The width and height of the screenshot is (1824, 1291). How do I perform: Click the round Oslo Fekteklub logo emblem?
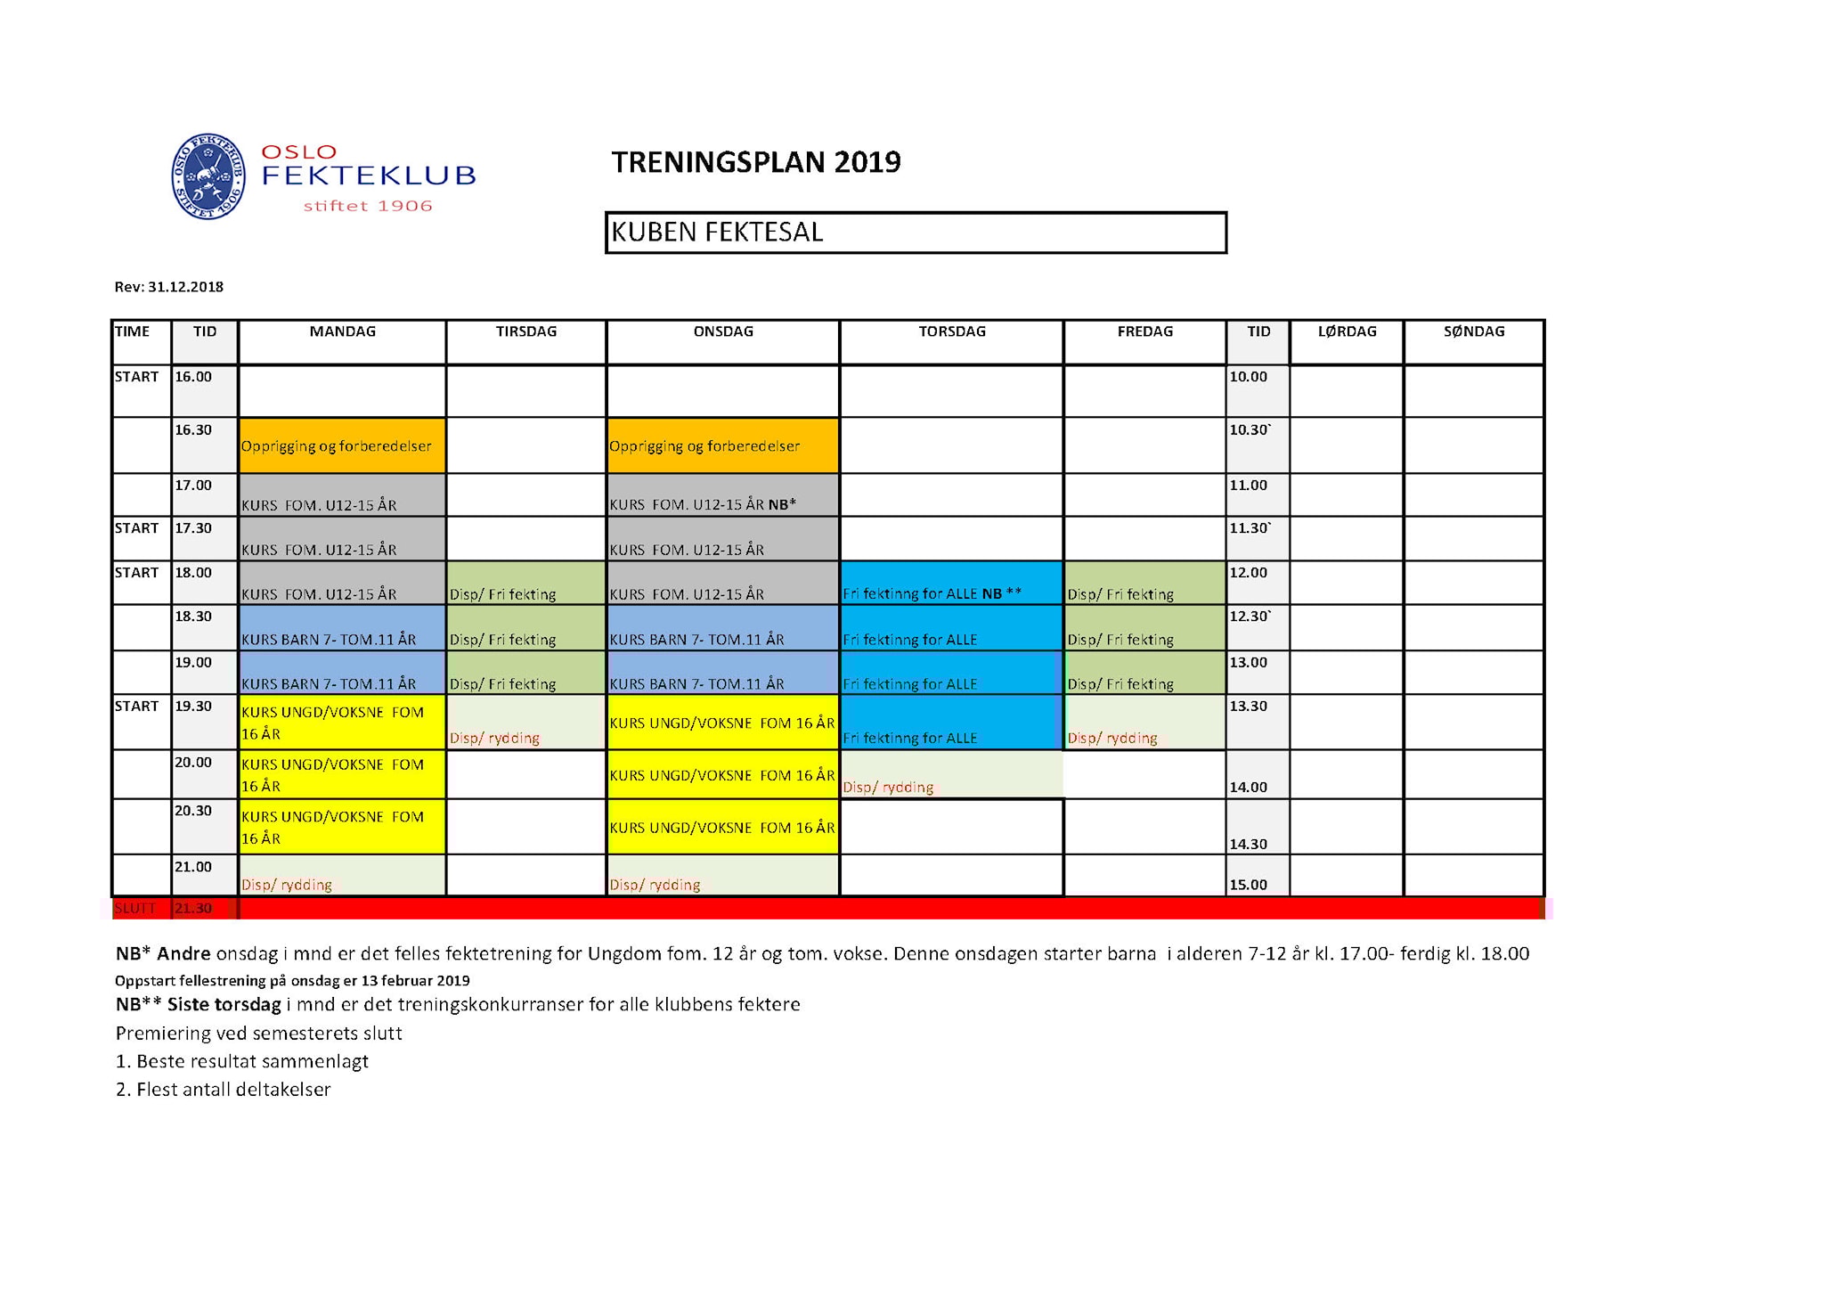pyautogui.click(x=208, y=176)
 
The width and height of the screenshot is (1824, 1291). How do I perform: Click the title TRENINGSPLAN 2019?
pyautogui.click(x=755, y=162)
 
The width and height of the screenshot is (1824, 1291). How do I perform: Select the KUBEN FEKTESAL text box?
pyautogui.click(x=916, y=233)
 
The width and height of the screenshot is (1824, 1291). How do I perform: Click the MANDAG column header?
pyautogui.click(x=343, y=331)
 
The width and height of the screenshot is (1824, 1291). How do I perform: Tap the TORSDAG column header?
pyautogui.click(x=951, y=331)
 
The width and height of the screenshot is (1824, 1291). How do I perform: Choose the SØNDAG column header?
pyautogui.click(x=1474, y=331)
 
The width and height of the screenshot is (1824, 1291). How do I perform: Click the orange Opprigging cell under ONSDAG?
pyautogui.click(x=722, y=445)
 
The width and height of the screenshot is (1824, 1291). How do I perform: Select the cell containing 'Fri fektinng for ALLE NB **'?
pyautogui.click(x=951, y=584)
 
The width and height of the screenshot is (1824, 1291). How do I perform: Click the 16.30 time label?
pyautogui.click(x=193, y=430)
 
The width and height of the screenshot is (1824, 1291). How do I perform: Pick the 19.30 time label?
pyautogui.click(x=193, y=707)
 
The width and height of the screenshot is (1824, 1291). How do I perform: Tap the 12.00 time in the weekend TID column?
pyautogui.click(x=1248, y=573)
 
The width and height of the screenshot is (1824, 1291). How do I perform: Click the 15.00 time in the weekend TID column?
pyautogui.click(x=1248, y=885)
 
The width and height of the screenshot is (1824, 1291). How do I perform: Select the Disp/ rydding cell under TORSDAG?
pyautogui.click(x=951, y=775)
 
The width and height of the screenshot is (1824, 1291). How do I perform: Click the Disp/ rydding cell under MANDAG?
pyautogui.click(x=342, y=876)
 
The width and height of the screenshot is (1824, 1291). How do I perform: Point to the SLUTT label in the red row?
pyautogui.click(x=135, y=908)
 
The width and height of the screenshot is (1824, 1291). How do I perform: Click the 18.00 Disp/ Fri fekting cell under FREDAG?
pyautogui.click(x=1144, y=584)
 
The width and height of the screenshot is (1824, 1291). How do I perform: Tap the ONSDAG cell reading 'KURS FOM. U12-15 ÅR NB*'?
pyautogui.click(x=722, y=495)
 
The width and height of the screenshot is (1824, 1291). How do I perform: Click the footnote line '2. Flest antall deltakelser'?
pyautogui.click(x=224, y=1090)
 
